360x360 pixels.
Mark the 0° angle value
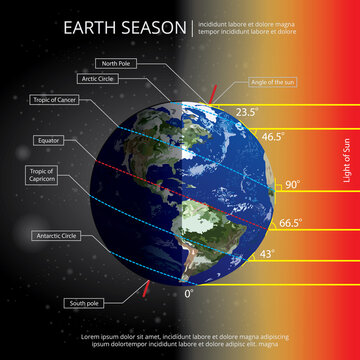click(x=190, y=294)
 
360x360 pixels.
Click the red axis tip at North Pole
click(x=213, y=92)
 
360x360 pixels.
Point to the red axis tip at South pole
click(x=147, y=292)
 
